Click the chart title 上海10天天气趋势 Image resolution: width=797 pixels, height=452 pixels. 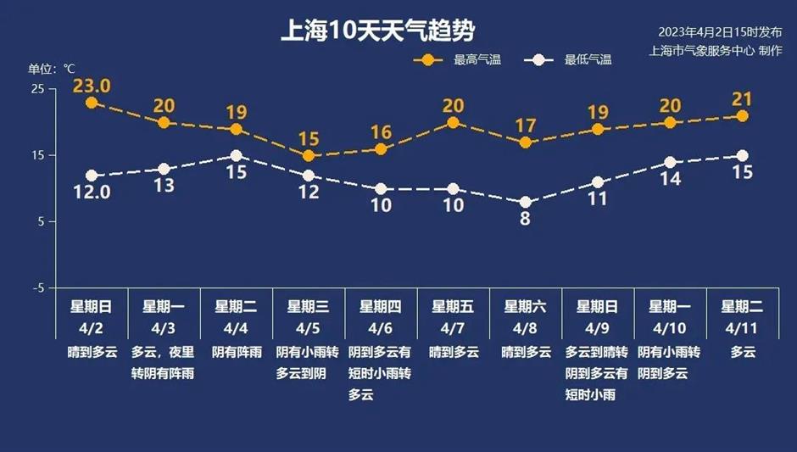pos(377,31)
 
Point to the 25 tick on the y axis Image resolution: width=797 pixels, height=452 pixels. pos(38,89)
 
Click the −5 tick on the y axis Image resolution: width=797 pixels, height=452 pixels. pos(38,288)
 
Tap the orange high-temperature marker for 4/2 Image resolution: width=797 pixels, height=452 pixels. pos(92,103)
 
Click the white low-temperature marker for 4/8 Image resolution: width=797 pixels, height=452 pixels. pos(526,202)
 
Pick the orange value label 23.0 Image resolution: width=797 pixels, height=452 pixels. pos(92,86)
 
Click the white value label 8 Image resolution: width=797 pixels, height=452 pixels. pos(526,219)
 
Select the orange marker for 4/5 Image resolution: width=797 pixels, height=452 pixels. pos(309,156)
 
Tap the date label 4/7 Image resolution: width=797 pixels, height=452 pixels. pos(454,327)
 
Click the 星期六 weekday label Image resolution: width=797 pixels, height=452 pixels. pos(526,307)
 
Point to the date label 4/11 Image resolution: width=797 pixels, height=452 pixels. pos(743,327)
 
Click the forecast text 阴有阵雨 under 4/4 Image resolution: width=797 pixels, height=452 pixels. pos(237,351)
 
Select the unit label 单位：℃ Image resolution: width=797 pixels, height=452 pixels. pos(53,69)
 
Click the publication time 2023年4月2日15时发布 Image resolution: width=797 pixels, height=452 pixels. pos(720,32)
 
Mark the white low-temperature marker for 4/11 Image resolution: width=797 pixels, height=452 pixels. pos(743,155)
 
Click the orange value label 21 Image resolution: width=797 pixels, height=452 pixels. pos(743,99)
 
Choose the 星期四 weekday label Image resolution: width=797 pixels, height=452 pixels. pos(381,307)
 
